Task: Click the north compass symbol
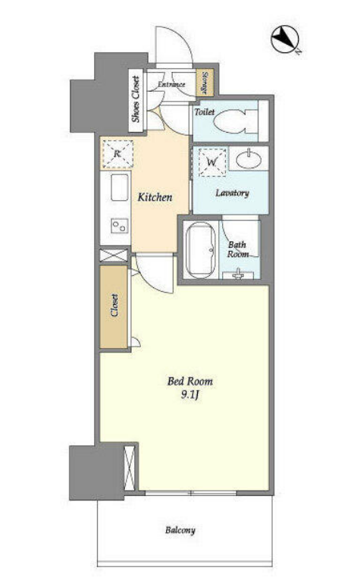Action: pyautogui.click(x=286, y=38)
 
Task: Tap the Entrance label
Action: pyautogui.click(x=171, y=84)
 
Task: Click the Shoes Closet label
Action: pyautogui.click(x=136, y=99)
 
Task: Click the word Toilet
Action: pyautogui.click(x=205, y=111)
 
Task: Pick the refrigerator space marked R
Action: pyautogui.click(x=117, y=153)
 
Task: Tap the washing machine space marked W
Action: pyautogui.click(x=211, y=161)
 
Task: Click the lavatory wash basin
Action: pyautogui.click(x=249, y=159)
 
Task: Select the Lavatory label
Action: pyautogui.click(x=232, y=193)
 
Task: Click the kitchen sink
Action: pyautogui.click(x=120, y=187)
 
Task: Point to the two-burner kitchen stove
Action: pyautogui.click(x=121, y=226)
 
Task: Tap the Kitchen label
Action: pyautogui.click(x=155, y=197)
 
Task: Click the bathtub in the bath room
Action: pyautogui.click(x=200, y=249)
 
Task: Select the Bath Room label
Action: pyautogui.click(x=237, y=249)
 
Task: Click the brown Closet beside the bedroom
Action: pyautogui.click(x=114, y=306)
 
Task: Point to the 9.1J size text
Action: pyautogui.click(x=189, y=395)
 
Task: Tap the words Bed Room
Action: pyautogui.click(x=189, y=381)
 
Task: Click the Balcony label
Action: pyautogui.click(x=180, y=530)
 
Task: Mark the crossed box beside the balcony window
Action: pyautogui.click(x=130, y=468)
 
